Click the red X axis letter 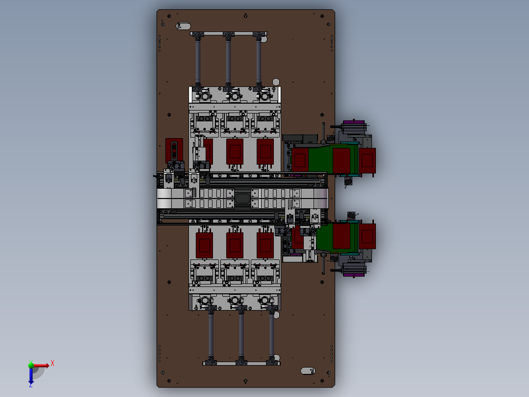click(53, 364)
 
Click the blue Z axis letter click(31, 385)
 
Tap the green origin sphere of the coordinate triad click(31, 365)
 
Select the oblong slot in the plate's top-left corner click(183, 26)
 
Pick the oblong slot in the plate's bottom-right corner click(308, 371)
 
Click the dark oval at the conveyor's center click(242, 198)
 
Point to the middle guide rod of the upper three click(228, 61)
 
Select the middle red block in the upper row click(235, 151)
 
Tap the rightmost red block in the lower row click(265, 245)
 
